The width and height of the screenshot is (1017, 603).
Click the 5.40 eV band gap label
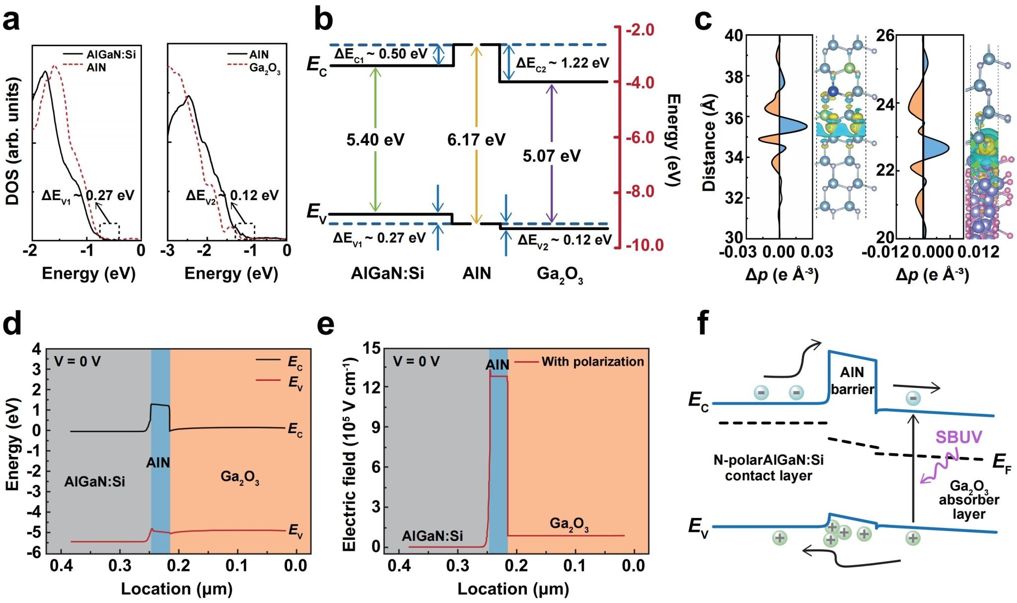(x=375, y=140)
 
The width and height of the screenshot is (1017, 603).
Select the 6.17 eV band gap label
(x=476, y=140)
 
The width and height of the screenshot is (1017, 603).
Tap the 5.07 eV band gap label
(x=551, y=156)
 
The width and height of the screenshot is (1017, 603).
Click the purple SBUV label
(x=958, y=437)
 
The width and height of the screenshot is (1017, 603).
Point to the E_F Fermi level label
(x=1001, y=463)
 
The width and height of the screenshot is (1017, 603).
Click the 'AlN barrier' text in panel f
(x=852, y=380)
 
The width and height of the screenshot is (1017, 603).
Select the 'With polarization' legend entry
(x=592, y=362)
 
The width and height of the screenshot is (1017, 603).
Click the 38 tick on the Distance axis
(x=734, y=77)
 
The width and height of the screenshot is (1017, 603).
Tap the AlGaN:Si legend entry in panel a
(x=111, y=54)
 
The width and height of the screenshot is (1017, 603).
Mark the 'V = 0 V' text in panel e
(x=416, y=361)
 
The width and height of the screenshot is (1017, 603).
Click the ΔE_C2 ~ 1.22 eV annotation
(x=562, y=63)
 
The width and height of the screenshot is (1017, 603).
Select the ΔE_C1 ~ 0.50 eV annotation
(x=380, y=54)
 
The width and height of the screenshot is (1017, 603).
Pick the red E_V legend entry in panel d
(x=295, y=383)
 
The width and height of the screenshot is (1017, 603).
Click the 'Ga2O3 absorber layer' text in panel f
(x=968, y=500)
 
